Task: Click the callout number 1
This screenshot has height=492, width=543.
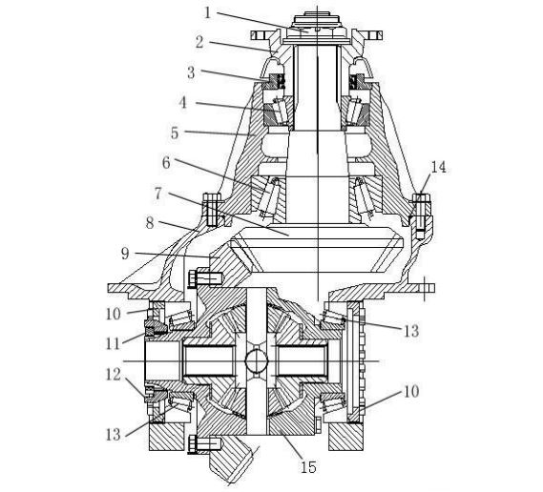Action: pos(208,13)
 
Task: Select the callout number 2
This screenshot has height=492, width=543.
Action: pos(199,42)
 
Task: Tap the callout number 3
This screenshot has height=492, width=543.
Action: pos(191,72)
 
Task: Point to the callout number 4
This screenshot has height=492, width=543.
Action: pos(183,103)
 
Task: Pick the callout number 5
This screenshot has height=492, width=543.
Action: pos(175,133)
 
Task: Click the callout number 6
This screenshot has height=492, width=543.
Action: pos(167,163)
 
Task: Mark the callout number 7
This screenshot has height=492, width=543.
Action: pos(158,194)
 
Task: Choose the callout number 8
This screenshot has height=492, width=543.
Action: pos(150,223)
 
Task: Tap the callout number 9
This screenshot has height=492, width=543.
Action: pos(125,254)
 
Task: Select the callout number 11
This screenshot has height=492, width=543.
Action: pos(114,344)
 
